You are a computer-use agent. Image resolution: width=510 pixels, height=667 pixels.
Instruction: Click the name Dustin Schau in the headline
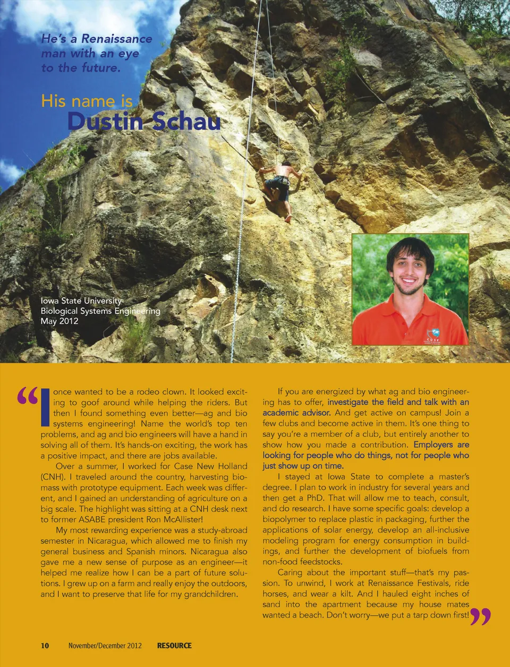coord(143,122)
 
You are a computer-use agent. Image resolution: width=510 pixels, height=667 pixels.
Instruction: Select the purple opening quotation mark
coord(28,396)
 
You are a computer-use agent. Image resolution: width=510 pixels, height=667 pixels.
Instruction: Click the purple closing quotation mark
coord(480,617)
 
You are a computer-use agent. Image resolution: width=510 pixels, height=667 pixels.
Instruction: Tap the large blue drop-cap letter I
coord(45,407)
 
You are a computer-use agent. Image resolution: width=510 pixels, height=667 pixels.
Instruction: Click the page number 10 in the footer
coord(45,645)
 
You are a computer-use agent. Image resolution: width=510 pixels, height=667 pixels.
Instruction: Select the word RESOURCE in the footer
coord(174,645)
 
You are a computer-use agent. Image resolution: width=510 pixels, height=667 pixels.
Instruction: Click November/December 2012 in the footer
coord(105,645)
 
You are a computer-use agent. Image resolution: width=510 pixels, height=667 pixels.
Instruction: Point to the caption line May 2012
coord(59,321)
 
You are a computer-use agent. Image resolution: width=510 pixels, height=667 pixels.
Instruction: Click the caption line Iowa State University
coord(81,301)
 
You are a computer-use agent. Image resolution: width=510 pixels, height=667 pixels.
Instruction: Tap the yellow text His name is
coord(87,101)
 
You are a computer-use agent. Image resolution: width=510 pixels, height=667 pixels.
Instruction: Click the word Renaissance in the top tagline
coord(116,39)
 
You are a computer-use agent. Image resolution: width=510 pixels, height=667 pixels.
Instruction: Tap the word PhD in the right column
coord(315,498)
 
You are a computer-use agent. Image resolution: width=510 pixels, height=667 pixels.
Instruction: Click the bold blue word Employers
coord(433,444)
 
